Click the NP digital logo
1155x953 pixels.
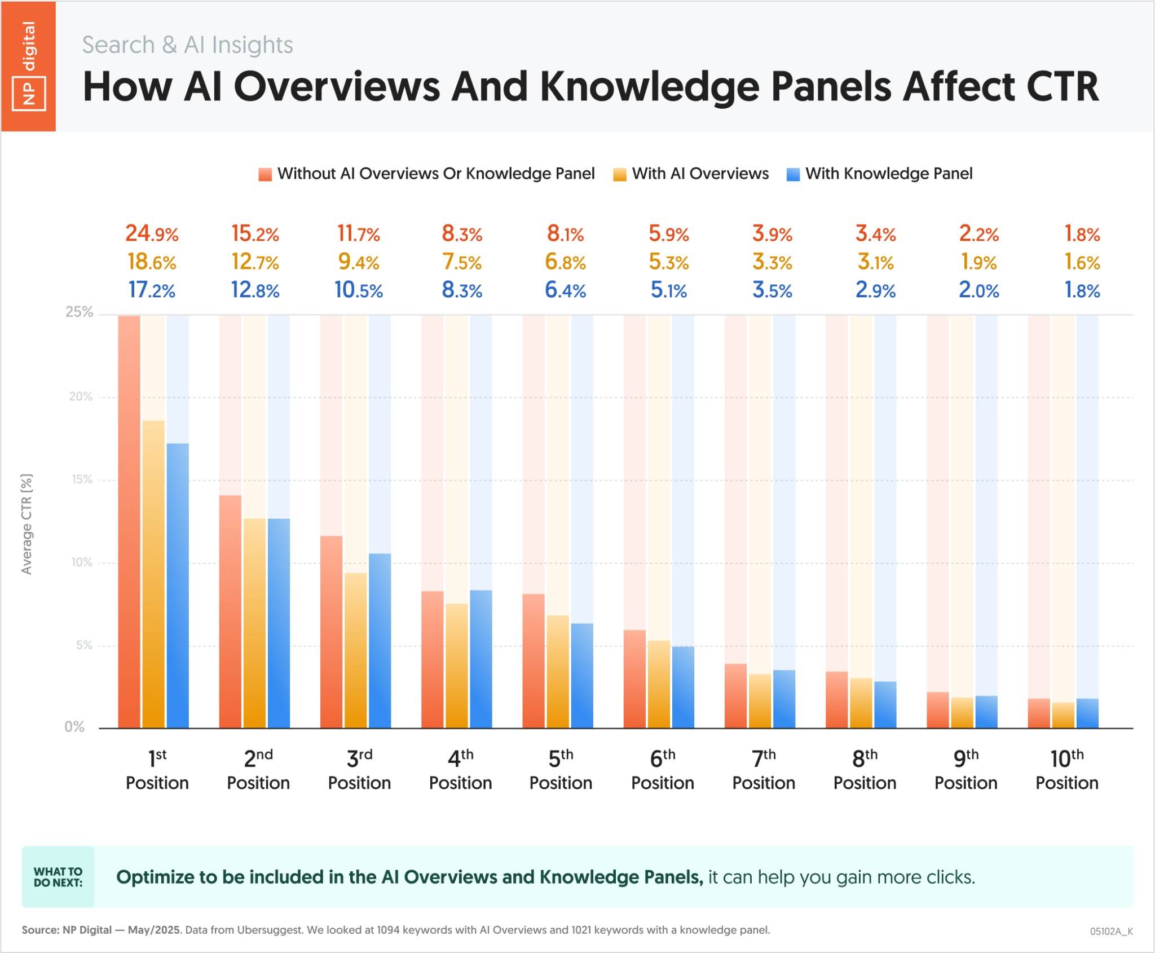click(x=28, y=66)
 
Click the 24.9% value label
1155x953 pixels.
click(x=152, y=233)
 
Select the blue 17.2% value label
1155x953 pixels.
click(x=152, y=290)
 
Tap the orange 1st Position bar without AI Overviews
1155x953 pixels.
click(x=129, y=522)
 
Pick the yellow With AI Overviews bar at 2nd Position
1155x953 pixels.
click(x=254, y=623)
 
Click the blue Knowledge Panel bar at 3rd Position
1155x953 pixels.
click(x=380, y=641)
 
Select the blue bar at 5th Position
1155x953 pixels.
click(x=582, y=676)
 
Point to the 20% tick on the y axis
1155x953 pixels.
click(x=81, y=396)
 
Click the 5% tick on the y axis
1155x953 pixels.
click(x=84, y=645)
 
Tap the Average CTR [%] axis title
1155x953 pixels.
click(x=27, y=524)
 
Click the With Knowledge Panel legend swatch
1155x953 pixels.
click(x=793, y=174)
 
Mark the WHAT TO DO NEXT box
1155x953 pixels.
click(x=58, y=877)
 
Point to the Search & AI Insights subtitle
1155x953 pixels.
click(x=187, y=45)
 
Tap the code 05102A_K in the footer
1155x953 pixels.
click(x=1111, y=931)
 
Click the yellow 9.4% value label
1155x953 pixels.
click(x=359, y=262)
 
